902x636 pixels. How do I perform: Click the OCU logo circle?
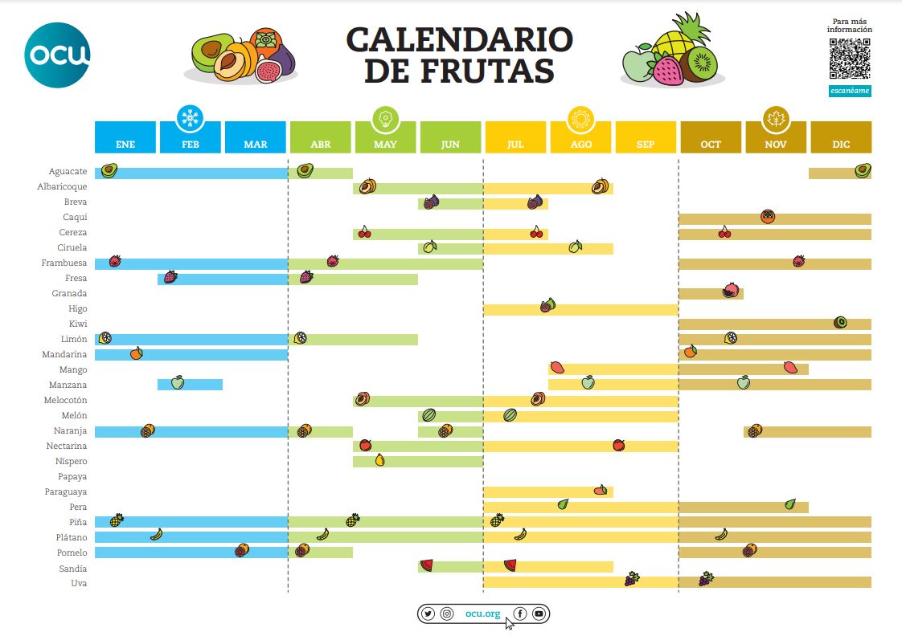pos(57,55)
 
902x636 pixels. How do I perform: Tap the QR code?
pos(850,59)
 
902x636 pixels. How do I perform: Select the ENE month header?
pos(125,144)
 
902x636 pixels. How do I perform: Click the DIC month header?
pos(841,144)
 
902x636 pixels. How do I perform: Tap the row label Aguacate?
pos(68,172)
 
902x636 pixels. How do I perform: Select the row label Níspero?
pos(71,462)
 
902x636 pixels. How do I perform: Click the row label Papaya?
pos(72,477)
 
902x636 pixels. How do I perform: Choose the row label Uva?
pos(79,584)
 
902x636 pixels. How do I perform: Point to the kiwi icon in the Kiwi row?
pos(840,323)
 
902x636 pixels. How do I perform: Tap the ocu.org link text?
pos(482,614)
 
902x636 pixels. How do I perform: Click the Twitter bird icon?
pos(428,614)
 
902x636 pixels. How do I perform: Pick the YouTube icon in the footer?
pos(539,614)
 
